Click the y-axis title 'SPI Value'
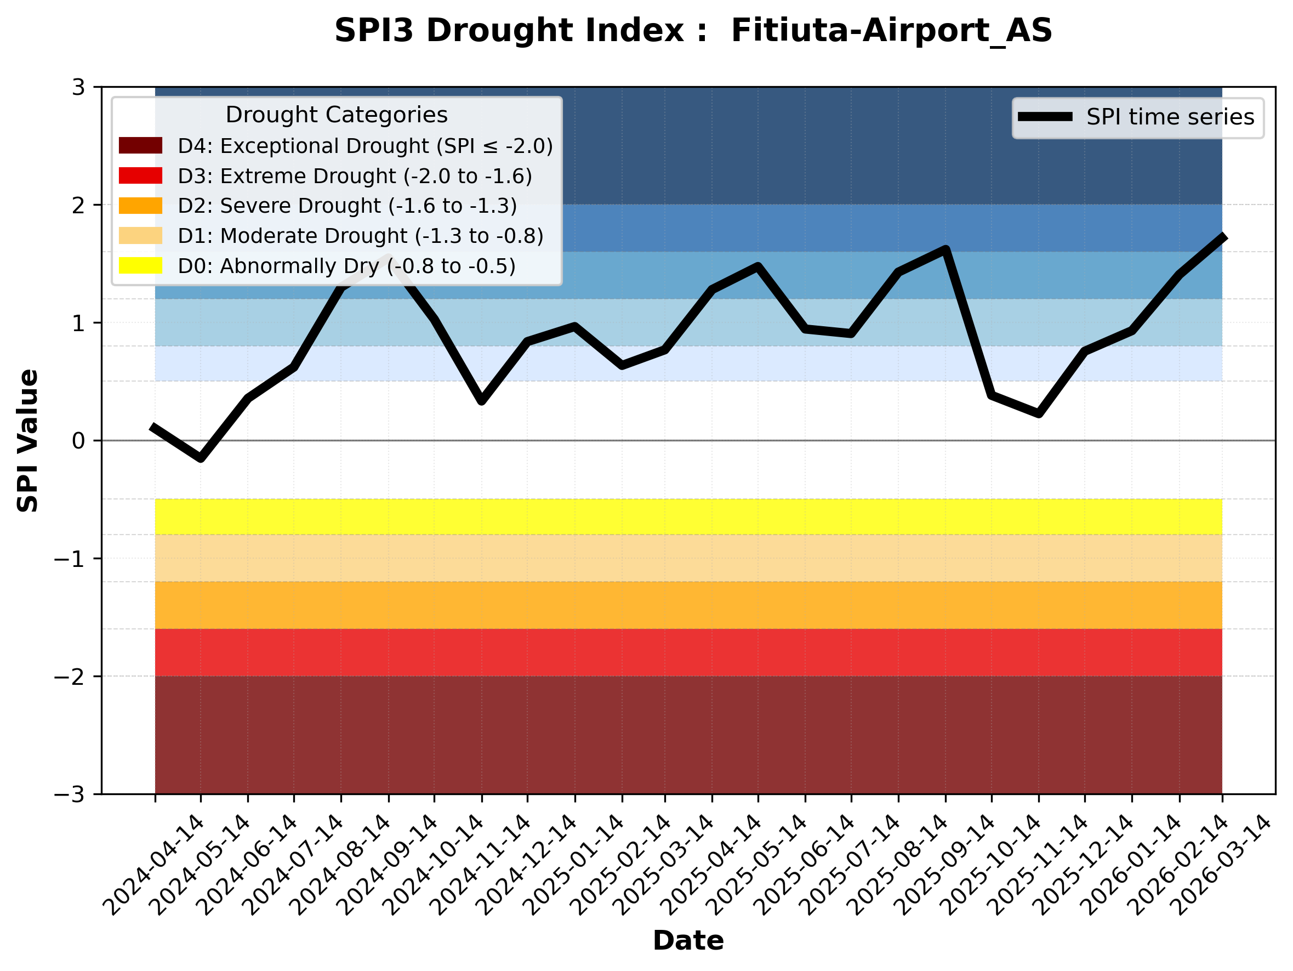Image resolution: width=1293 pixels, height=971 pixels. (27, 441)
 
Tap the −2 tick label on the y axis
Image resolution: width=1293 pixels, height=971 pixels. (69, 677)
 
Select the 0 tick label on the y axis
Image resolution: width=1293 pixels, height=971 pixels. (78, 441)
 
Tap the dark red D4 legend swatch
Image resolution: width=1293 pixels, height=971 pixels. (140, 145)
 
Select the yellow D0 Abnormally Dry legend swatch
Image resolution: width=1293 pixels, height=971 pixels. (140, 265)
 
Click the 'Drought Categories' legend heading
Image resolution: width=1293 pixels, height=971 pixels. (336, 115)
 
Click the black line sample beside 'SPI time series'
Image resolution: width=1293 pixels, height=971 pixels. (1045, 117)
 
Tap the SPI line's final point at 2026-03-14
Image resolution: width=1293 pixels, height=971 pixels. (1221, 236)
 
